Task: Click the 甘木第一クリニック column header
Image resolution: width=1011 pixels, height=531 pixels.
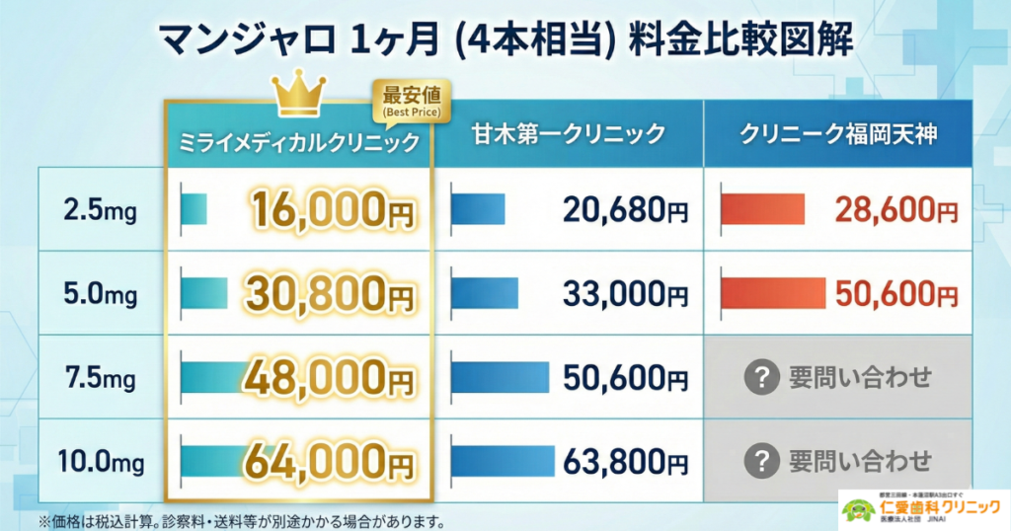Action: point(567,133)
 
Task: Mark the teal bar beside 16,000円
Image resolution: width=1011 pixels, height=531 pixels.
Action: point(194,209)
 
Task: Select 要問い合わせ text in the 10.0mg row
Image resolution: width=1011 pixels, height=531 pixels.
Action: point(860,461)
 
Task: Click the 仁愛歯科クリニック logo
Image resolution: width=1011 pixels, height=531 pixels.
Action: point(924,508)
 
